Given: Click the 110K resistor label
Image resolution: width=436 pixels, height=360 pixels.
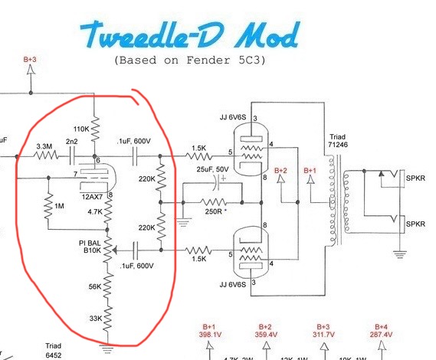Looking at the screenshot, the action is click(x=81, y=129).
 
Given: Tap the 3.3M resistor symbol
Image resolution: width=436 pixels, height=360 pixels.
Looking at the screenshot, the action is click(x=46, y=155).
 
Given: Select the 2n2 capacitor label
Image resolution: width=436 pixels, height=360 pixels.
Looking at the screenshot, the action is click(x=72, y=142).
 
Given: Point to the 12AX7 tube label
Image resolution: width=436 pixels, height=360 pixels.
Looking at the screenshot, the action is click(x=92, y=197).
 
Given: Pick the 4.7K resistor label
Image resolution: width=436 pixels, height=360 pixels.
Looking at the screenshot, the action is click(x=95, y=212).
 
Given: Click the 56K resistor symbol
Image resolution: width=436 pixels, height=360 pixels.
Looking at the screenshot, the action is click(x=107, y=286).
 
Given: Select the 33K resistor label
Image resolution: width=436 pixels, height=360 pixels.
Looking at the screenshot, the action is click(x=96, y=319).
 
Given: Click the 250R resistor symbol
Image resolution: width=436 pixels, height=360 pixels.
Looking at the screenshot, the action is click(x=213, y=202).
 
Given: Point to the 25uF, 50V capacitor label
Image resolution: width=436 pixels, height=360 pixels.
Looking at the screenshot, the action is click(x=213, y=169).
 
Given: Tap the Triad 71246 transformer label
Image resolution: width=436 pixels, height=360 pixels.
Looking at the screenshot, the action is click(x=338, y=141).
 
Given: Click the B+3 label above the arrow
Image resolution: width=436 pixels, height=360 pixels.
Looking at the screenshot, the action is click(x=30, y=59).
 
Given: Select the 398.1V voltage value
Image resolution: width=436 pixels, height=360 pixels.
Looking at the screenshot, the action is click(x=210, y=335).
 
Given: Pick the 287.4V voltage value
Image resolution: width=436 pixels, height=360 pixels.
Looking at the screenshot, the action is click(x=381, y=335).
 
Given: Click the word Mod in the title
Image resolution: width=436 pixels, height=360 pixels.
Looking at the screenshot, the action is click(x=267, y=35).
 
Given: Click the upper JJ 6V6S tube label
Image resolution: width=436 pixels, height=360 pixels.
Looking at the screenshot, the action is click(x=233, y=117).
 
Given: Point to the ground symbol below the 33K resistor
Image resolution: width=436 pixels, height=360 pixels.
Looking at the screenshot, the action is click(x=107, y=349).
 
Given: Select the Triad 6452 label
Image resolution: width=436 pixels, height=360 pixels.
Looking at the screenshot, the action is click(x=54, y=350).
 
